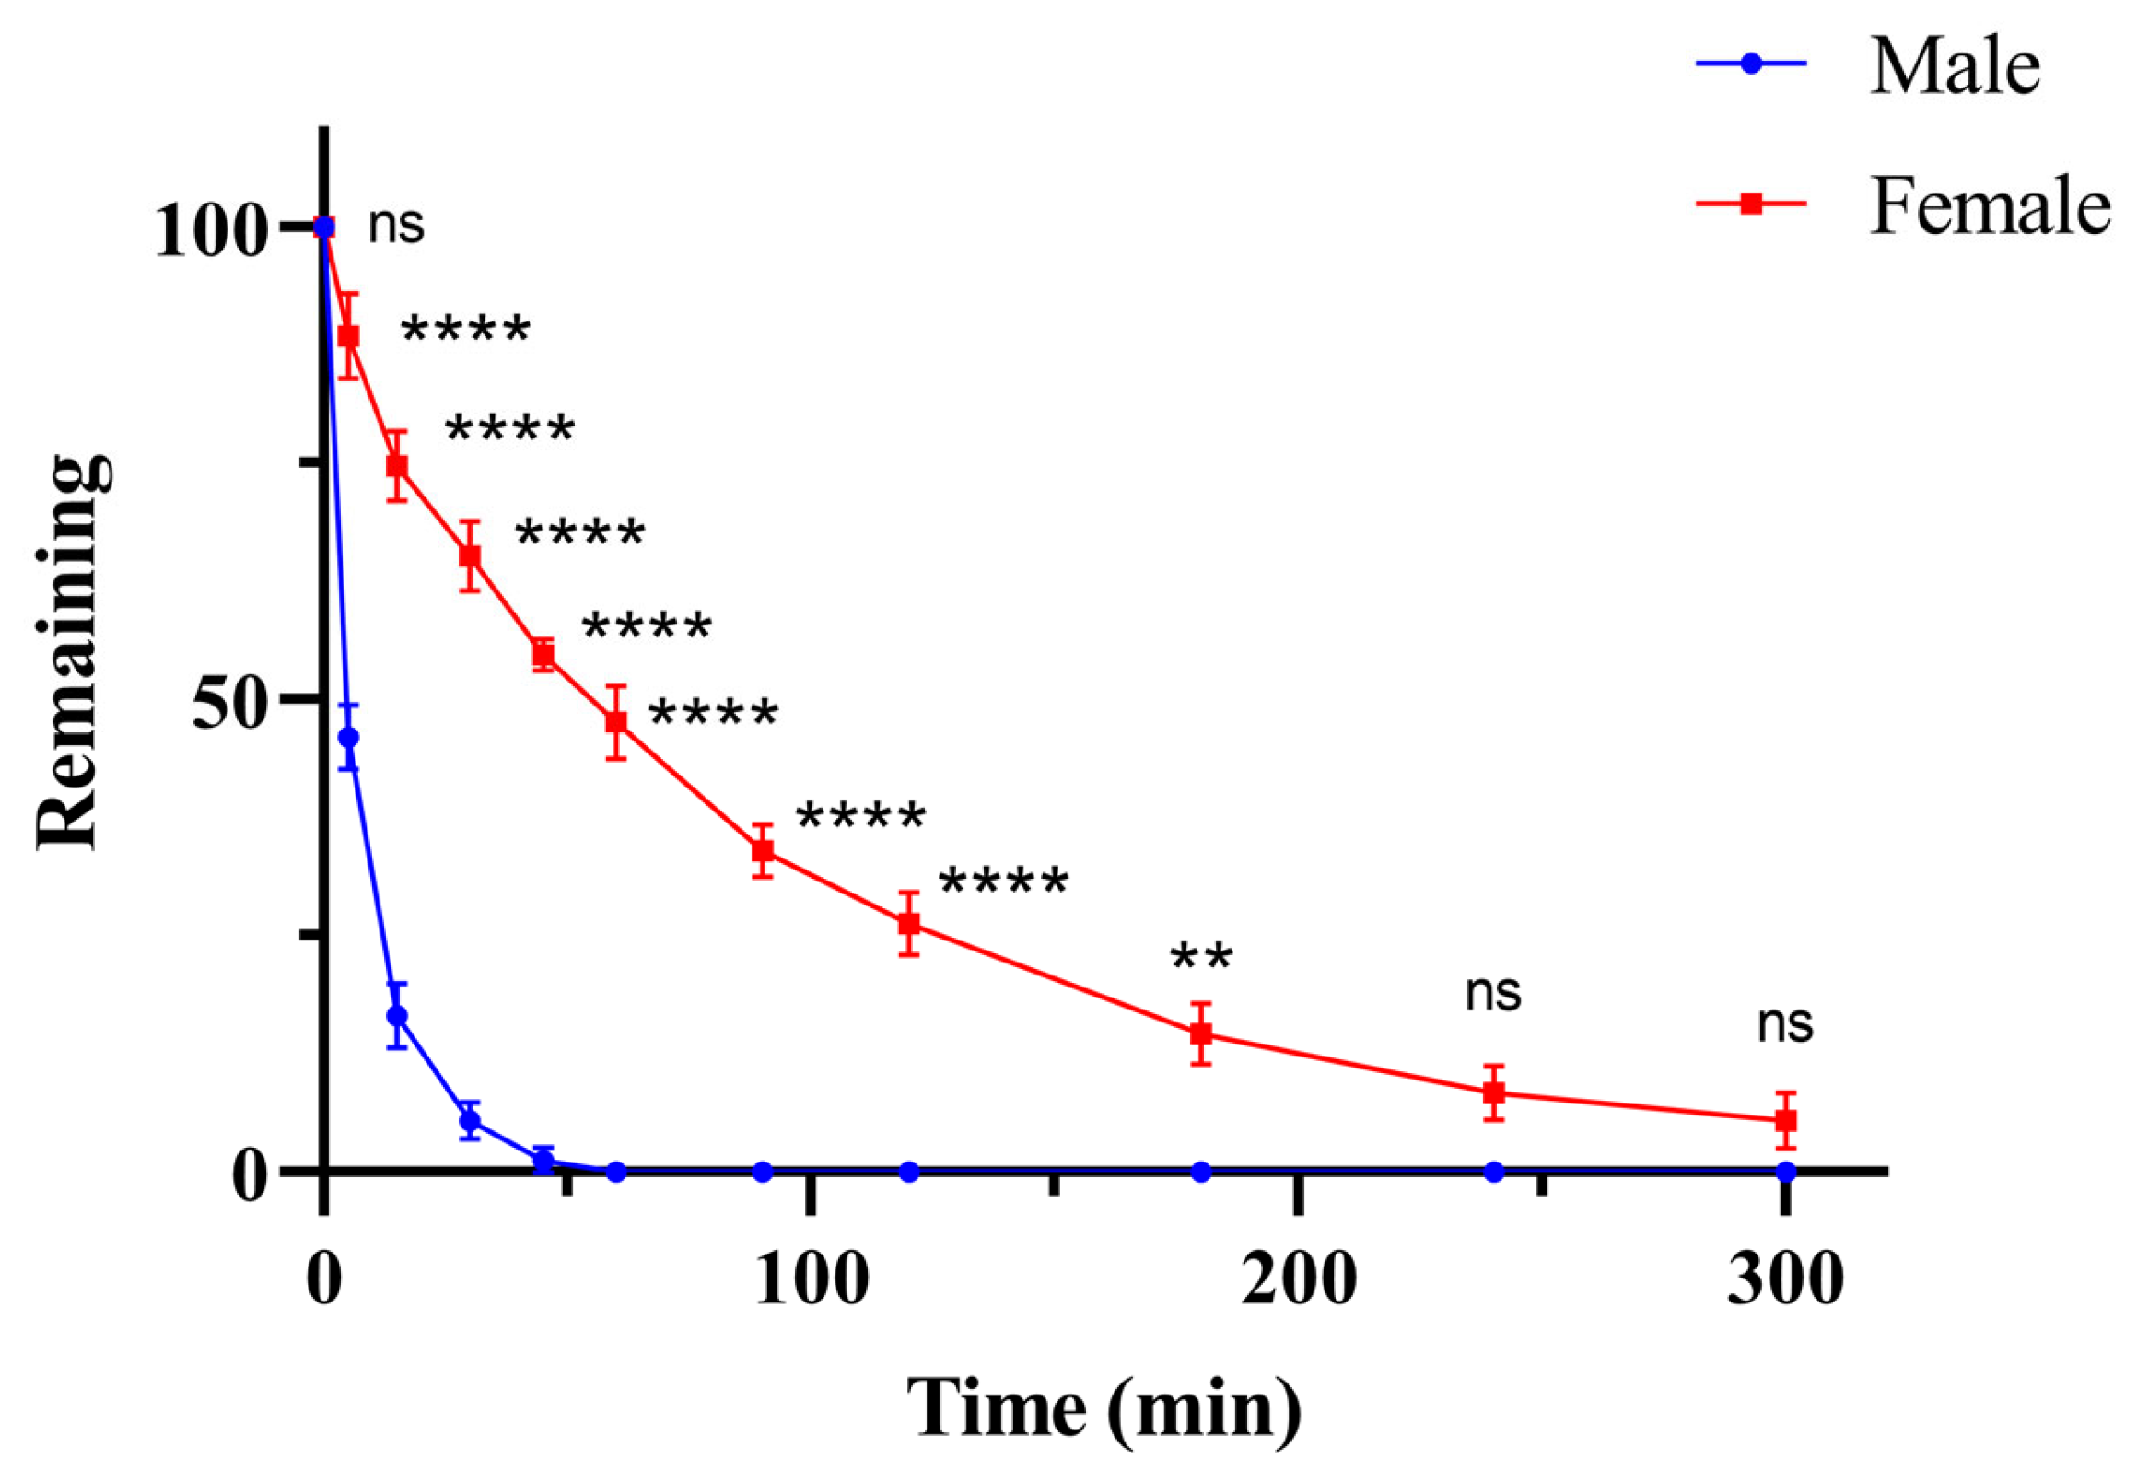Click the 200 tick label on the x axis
1299,1278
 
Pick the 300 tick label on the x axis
1785,1278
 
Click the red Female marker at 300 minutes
1786,1120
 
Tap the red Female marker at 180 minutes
1201,1033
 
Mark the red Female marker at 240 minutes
1494,1093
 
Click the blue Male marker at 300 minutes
1786,1172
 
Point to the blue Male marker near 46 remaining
348,738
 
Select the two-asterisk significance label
1201,958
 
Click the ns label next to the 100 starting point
396,226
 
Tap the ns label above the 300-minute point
1785,1024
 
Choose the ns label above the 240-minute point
1493,993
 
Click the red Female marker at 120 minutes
908,923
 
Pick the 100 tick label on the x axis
812,1278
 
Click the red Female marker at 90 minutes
762,850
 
